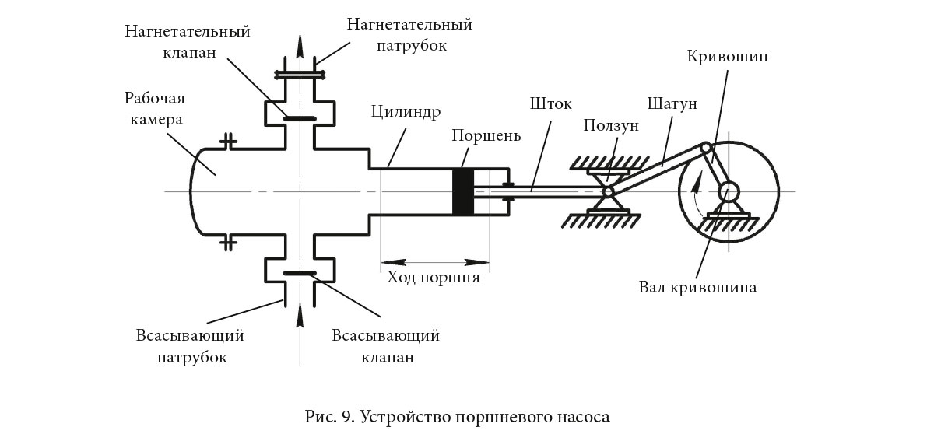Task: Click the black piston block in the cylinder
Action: point(462,191)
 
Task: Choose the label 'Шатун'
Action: point(671,103)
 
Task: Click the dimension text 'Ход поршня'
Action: point(435,277)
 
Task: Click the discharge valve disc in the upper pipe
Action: point(300,119)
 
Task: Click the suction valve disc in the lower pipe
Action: point(300,273)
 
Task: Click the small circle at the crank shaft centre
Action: point(729,191)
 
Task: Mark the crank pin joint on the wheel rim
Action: point(706,147)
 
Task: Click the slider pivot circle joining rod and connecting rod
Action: point(608,191)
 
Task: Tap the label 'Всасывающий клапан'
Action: point(385,347)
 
